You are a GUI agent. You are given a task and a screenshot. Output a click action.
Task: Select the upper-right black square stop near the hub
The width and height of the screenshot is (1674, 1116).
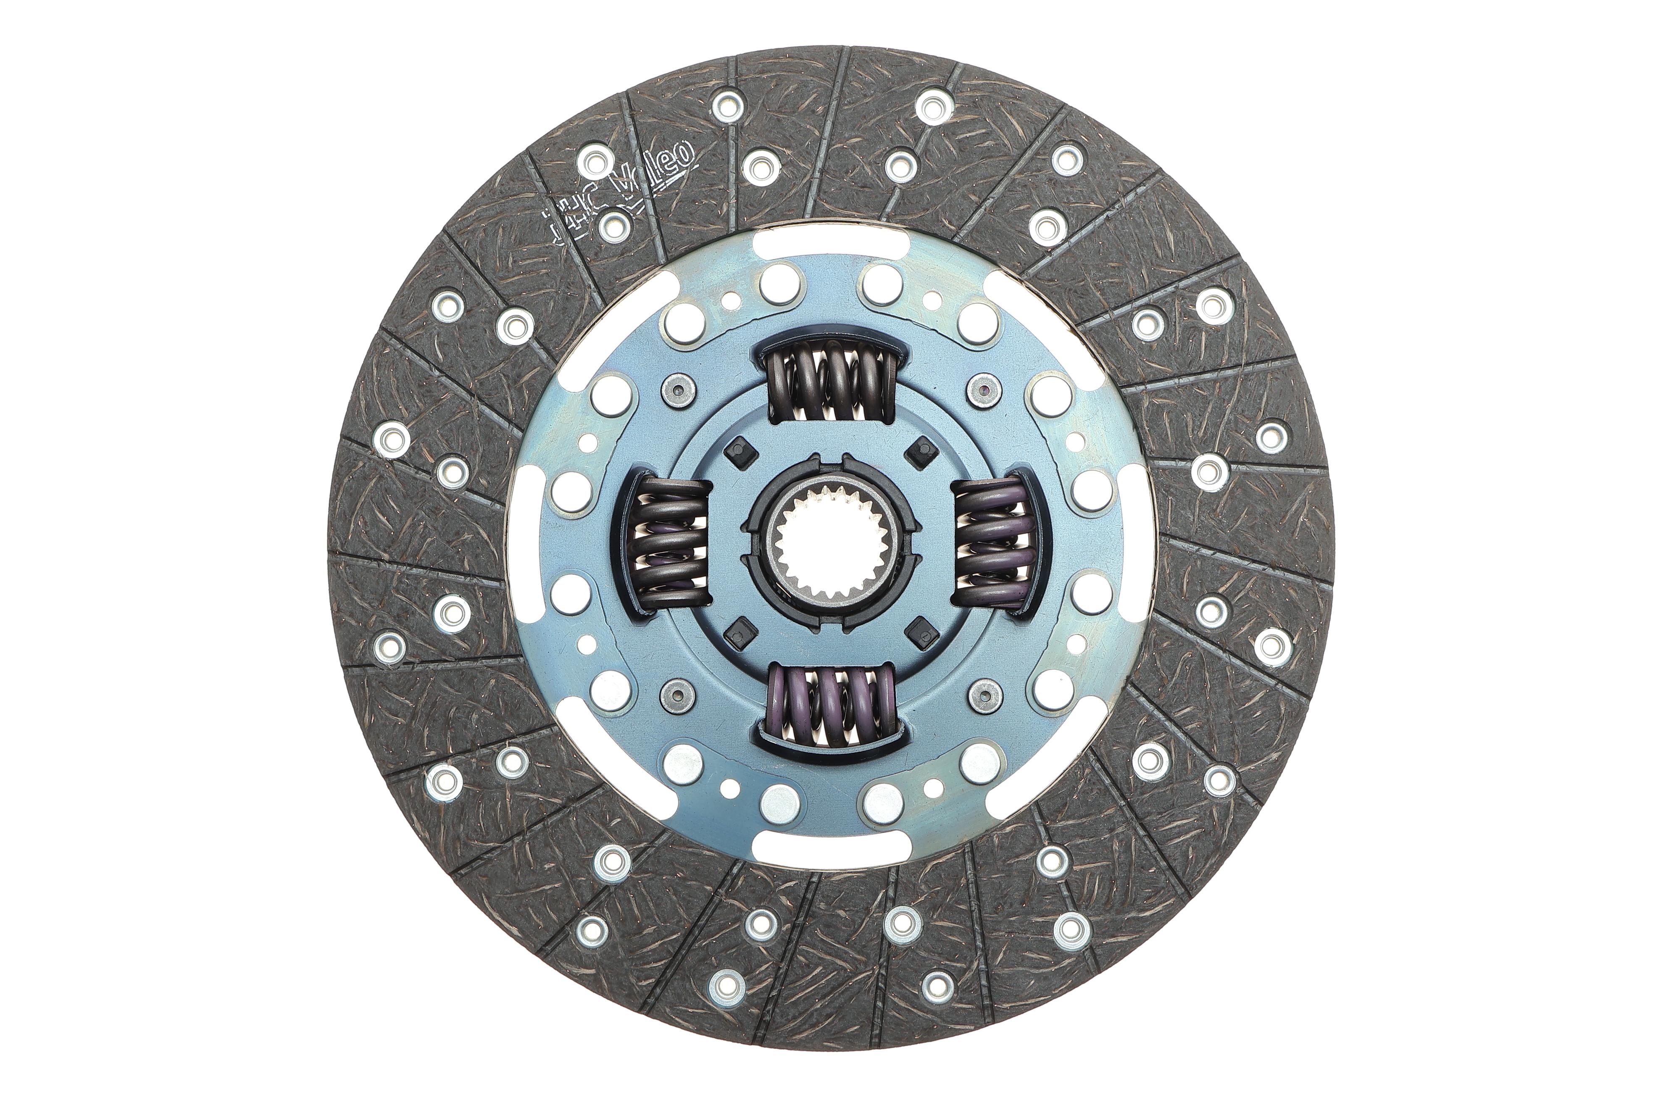click(924, 448)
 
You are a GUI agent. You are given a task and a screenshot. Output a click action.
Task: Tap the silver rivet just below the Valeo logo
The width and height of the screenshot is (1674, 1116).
click(613, 226)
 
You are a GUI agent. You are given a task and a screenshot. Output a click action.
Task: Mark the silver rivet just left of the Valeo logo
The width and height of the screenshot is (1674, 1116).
click(595, 161)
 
